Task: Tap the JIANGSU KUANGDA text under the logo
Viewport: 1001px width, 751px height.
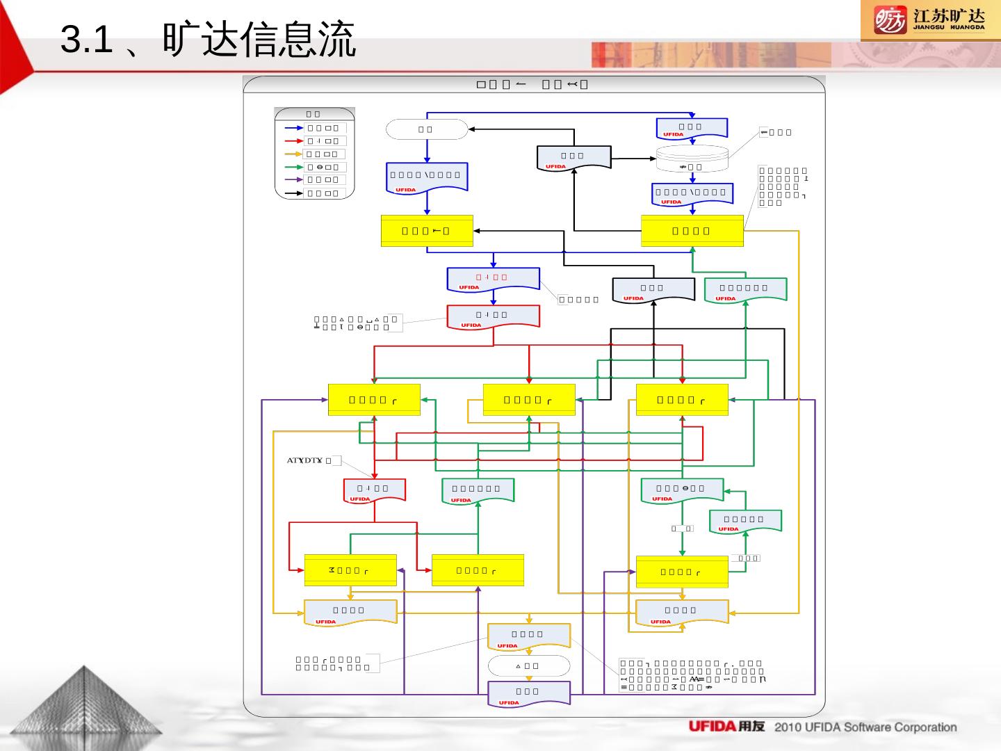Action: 948,28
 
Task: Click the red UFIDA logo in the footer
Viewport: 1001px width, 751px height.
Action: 712,727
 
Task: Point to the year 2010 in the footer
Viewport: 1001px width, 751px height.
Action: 789,727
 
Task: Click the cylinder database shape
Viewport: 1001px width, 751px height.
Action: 692,159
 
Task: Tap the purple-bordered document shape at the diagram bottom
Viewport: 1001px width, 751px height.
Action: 529,693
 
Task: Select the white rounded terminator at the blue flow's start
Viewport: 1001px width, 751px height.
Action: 427,129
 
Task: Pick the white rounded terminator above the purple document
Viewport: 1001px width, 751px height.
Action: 529,665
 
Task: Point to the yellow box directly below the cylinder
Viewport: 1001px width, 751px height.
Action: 692,231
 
